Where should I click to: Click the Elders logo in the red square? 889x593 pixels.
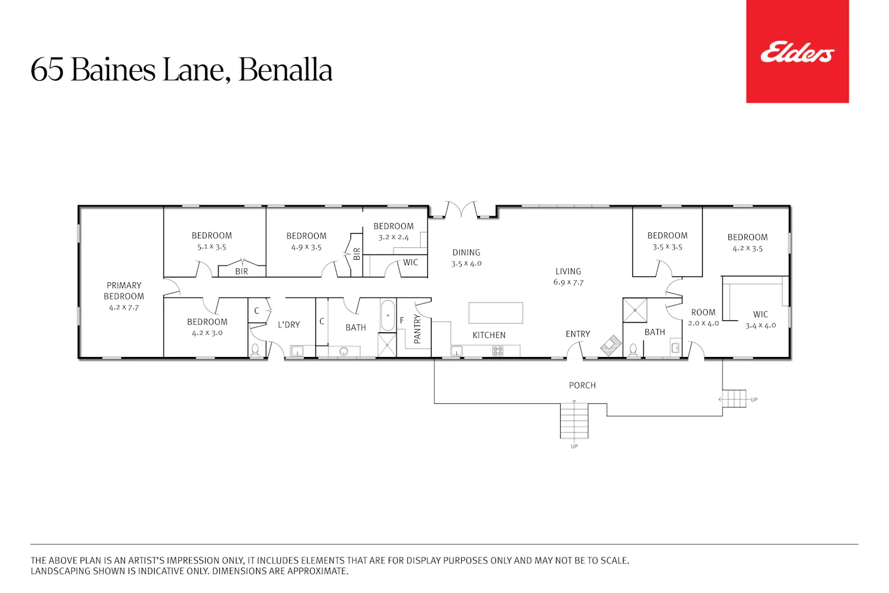pyautogui.click(x=797, y=52)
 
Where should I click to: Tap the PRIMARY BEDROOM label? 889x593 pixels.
pyautogui.click(x=124, y=291)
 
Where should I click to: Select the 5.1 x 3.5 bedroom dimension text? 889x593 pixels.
pyautogui.click(x=212, y=247)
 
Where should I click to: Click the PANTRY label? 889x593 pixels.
pyautogui.click(x=417, y=329)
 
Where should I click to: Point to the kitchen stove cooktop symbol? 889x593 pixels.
pyautogui.click(x=498, y=350)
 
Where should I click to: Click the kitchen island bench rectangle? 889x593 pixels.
pyautogui.click(x=495, y=313)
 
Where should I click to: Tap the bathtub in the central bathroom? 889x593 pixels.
pyautogui.click(x=388, y=315)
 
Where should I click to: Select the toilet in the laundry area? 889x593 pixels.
pyautogui.click(x=255, y=350)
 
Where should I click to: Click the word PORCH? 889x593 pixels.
pyautogui.click(x=582, y=385)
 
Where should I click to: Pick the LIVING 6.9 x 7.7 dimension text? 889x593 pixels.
pyautogui.click(x=568, y=282)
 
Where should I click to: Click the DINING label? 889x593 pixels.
pyautogui.click(x=466, y=252)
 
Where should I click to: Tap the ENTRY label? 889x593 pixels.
pyautogui.click(x=578, y=334)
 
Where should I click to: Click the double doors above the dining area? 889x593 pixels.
pyautogui.click(x=462, y=209)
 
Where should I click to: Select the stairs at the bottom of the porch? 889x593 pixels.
pyautogui.click(x=574, y=420)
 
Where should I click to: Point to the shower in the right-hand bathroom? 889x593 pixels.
pyautogui.click(x=635, y=310)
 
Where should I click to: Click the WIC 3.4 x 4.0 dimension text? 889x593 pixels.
pyautogui.click(x=760, y=326)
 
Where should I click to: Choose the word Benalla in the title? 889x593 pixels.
pyautogui.click(x=285, y=69)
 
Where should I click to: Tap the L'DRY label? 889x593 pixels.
pyautogui.click(x=289, y=325)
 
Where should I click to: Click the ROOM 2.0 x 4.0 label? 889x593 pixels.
pyautogui.click(x=703, y=318)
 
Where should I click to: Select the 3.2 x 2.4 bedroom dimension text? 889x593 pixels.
pyautogui.click(x=394, y=237)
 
